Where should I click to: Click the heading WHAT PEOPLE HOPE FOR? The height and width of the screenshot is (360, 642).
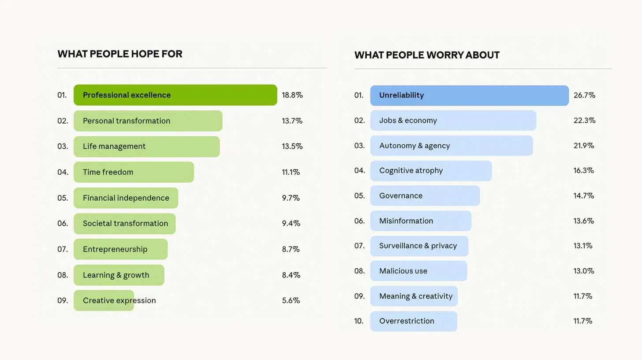[x=120, y=54]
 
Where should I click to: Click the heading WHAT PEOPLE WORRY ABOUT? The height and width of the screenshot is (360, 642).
[x=427, y=55]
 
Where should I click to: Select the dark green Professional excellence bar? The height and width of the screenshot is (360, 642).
[x=175, y=95]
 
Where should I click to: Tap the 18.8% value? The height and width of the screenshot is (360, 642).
[x=292, y=95]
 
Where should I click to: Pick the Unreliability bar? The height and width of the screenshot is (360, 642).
[x=469, y=95]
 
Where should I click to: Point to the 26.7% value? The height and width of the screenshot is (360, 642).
[x=584, y=95]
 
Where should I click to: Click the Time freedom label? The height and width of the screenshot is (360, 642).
[x=108, y=172]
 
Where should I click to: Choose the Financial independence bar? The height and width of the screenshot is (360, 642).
[x=126, y=198]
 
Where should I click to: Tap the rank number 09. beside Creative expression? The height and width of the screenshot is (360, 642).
[x=63, y=300]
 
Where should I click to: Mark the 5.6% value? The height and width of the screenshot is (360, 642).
[x=291, y=300]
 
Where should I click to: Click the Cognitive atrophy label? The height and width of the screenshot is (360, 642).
[x=411, y=171]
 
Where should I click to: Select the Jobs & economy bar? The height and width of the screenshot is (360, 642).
[x=453, y=120]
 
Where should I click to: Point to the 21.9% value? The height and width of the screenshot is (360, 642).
[x=584, y=146]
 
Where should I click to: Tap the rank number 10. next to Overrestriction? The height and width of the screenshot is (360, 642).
[x=359, y=321]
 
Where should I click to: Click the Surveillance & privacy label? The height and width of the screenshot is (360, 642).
[x=418, y=246]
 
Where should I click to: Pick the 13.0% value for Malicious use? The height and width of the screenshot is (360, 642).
[x=584, y=271]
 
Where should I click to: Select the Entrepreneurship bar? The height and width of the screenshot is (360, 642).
[x=120, y=249]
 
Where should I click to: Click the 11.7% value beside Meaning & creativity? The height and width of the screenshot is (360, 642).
[x=583, y=296]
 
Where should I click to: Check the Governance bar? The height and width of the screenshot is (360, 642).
[x=425, y=195]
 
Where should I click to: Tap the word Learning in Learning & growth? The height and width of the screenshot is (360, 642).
[x=98, y=275]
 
